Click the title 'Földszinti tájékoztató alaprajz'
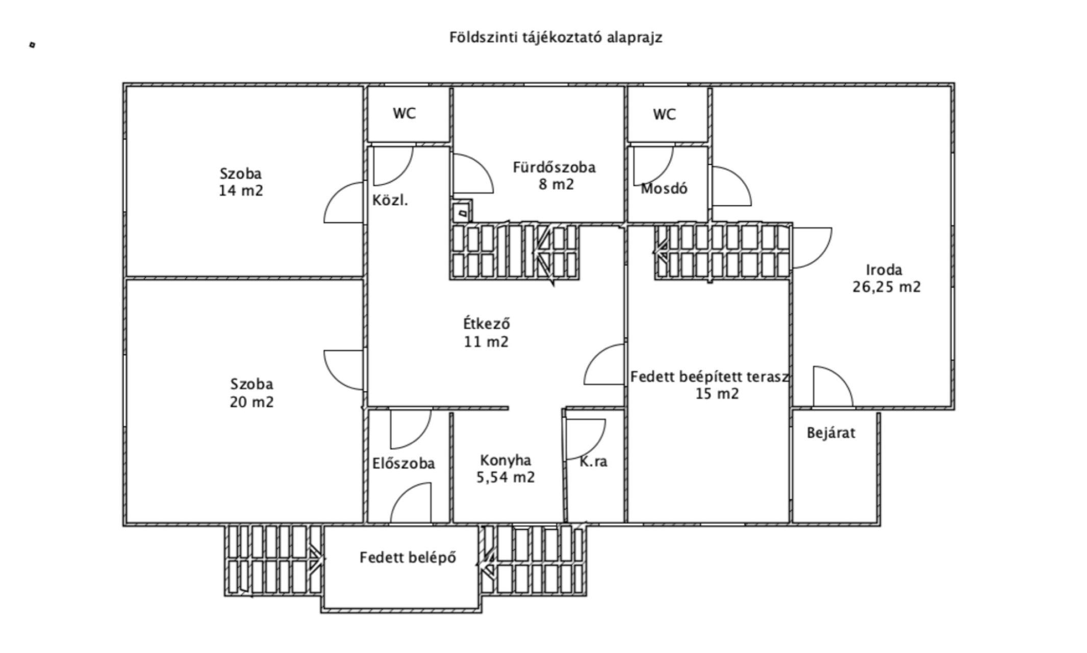(555, 38)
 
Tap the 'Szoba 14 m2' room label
(241, 182)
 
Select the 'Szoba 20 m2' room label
(251, 393)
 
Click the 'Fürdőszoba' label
(554, 167)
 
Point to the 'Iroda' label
(884, 270)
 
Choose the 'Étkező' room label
(486, 324)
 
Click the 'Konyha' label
(505, 461)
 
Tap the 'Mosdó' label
(664, 189)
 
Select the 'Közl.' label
(390, 200)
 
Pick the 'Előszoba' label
(403, 464)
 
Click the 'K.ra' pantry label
(593, 462)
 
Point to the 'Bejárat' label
(831, 433)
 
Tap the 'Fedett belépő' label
(408, 558)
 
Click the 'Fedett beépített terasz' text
(710, 377)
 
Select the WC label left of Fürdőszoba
(404, 113)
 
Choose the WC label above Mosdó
(664, 115)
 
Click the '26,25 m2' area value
(887, 287)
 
